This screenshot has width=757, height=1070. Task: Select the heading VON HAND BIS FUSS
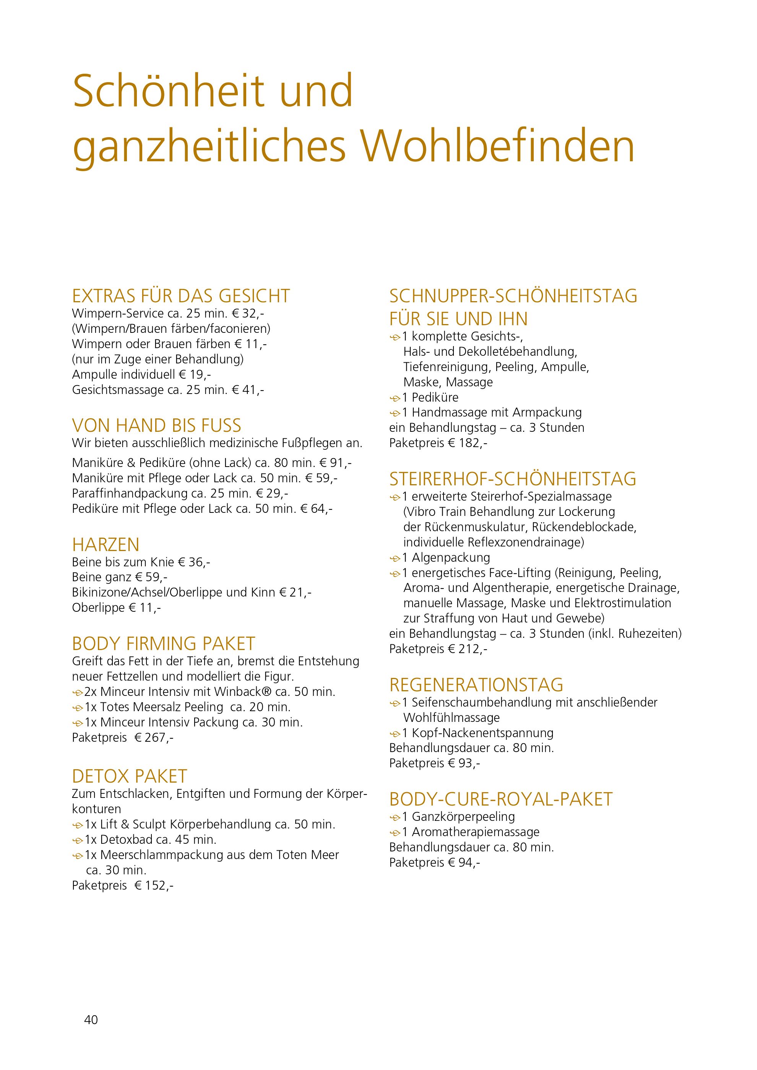pyautogui.click(x=157, y=425)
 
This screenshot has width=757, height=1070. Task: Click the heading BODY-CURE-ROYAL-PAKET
pyautogui.click(x=500, y=799)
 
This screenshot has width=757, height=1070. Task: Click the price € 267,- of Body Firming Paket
pyautogui.click(x=154, y=738)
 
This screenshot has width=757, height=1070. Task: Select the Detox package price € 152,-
pyautogui.click(x=154, y=885)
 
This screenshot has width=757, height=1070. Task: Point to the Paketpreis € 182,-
pyautogui.click(x=468, y=443)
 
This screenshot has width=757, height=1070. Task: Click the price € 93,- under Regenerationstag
pyautogui.click(x=464, y=764)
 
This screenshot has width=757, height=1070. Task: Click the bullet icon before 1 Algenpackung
pyautogui.click(x=395, y=558)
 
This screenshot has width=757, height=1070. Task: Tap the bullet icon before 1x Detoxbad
pyautogui.click(x=77, y=840)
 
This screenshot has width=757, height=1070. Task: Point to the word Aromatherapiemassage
pyautogui.click(x=476, y=832)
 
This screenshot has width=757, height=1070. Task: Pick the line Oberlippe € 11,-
pyautogui.click(x=117, y=608)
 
